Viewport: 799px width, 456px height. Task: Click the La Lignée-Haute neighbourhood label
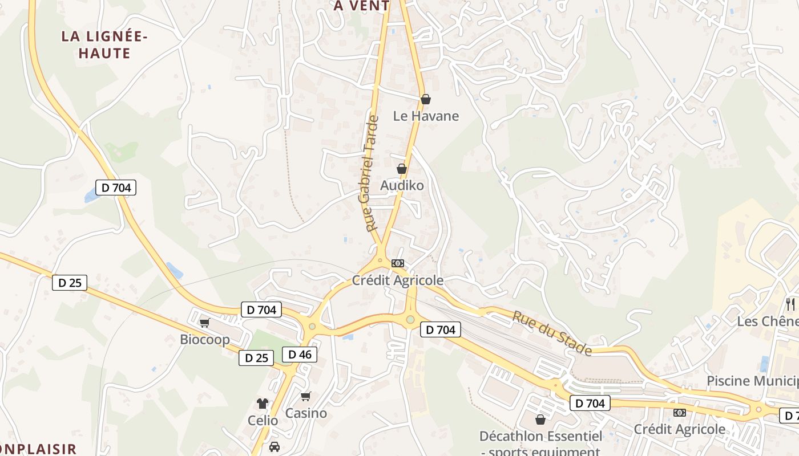(x=104, y=45)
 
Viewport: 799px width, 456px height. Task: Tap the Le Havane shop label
(x=426, y=116)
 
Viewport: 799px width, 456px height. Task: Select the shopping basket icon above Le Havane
(x=425, y=99)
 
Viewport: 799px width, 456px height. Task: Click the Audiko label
(x=402, y=186)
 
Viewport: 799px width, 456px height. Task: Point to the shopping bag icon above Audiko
(x=402, y=169)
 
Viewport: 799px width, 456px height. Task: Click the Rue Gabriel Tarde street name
(x=369, y=173)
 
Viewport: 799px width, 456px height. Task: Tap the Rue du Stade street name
(x=551, y=333)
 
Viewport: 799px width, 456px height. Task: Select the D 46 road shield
(x=300, y=355)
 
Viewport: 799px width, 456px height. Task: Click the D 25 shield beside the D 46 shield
(x=256, y=358)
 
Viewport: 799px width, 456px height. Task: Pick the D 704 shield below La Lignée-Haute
(x=116, y=187)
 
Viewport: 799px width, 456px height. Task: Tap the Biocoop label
(x=205, y=340)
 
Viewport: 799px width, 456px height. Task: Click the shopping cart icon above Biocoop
(x=205, y=323)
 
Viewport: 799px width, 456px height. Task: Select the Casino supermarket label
(x=306, y=413)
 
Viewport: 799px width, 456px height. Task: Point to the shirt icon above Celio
(x=263, y=404)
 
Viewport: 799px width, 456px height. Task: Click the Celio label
(x=263, y=421)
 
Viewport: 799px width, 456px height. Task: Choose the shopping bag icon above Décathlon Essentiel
(x=540, y=420)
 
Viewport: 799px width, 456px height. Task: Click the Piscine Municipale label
(x=752, y=381)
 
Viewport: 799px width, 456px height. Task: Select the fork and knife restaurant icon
(x=790, y=304)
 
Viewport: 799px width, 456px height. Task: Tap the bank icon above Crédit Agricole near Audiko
(x=398, y=263)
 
